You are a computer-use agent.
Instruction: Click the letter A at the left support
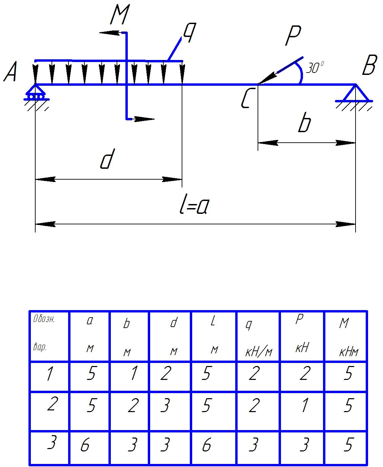(x=11, y=74)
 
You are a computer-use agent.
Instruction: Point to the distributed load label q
(x=188, y=34)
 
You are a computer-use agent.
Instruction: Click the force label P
(x=293, y=36)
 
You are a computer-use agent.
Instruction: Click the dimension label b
(x=304, y=124)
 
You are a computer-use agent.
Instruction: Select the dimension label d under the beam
(x=106, y=160)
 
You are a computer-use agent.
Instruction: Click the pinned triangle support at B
(x=355, y=94)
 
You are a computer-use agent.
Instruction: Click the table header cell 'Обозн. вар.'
(x=49, y=336)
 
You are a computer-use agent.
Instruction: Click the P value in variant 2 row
(x=304, y=405)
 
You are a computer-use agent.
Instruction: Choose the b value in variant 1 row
(x=133, y=373)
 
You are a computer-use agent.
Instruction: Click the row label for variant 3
(x=51, y=443)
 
